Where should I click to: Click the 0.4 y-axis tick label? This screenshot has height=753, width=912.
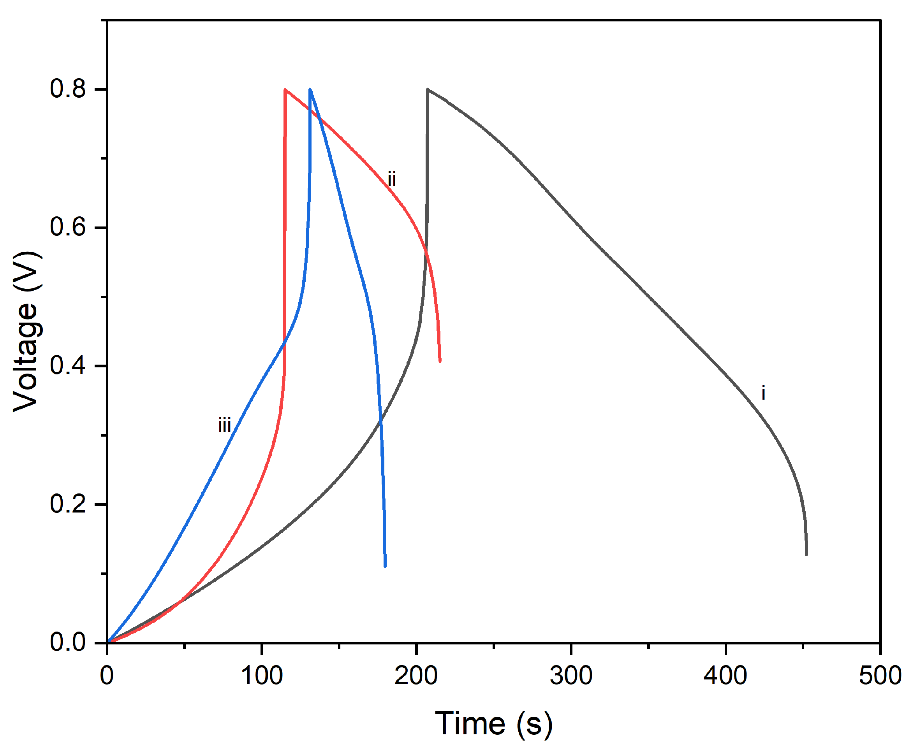point(67,365)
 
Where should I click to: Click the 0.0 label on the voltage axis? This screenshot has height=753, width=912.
point(67,642)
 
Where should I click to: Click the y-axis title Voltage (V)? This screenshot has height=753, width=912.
point(27,331)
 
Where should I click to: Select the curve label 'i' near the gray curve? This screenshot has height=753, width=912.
point(763,393)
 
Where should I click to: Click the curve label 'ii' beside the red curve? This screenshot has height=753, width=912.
point(391,179)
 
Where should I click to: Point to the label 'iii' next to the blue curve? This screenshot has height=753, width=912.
point(224,425)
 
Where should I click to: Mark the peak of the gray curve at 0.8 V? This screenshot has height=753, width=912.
point(428,90)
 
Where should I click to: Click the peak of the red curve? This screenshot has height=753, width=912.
point(285,90)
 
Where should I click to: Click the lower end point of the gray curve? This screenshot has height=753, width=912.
point(806,554)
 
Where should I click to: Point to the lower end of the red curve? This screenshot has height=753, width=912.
point(440,361)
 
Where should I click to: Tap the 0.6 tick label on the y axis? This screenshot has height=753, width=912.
point(67,227)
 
